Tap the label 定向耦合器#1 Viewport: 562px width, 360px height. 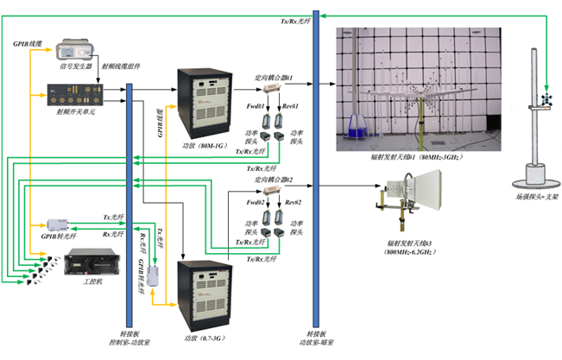pos(274,78)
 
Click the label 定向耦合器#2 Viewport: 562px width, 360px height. pos(274,180)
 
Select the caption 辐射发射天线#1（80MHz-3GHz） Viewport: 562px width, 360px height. pos(407,159)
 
